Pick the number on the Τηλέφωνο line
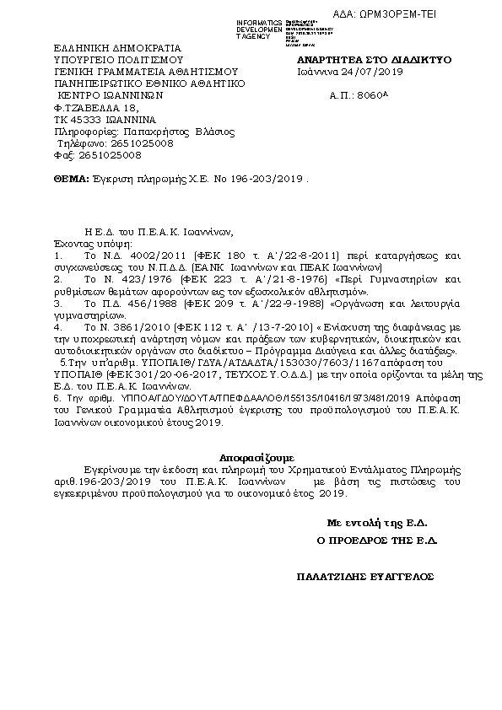[x=135, y=144]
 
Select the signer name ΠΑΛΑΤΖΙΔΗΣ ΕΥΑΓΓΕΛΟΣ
[x=364, y=577]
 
